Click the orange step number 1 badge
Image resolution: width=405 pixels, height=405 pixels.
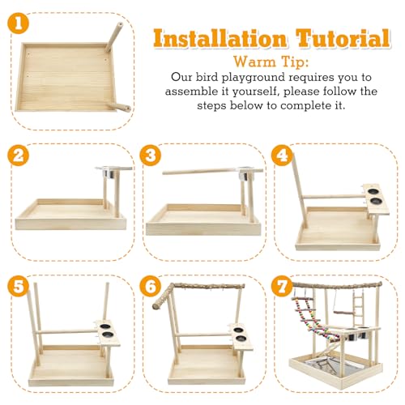click(x=18, y=23)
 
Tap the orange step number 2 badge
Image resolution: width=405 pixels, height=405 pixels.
click(x=18, y=156)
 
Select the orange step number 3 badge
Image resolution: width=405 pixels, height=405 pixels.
click(x=151, y=156)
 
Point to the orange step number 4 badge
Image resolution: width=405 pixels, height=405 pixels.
click(x=282, y=156)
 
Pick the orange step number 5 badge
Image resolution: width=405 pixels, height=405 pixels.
click(x=18, y=286)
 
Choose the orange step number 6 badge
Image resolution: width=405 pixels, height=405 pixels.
click(x=151, y=286)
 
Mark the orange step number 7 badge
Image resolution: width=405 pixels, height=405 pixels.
click(x=282, y=286)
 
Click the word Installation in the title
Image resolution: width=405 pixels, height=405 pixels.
click(x=220, y=39)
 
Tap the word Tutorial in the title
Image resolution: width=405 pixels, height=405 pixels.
click(x=343, y=38)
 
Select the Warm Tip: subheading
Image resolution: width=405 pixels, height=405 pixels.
click(x=271, y=62)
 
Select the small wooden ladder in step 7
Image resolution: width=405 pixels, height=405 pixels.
click(x=358, y=309)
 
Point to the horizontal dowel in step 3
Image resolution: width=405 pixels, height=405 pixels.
click(x=212, y=172)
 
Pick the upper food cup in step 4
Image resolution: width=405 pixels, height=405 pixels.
click(x=373, y=191)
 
